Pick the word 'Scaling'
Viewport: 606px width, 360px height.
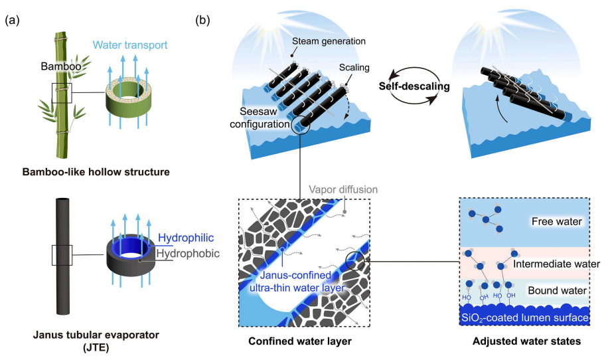[354, 68]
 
